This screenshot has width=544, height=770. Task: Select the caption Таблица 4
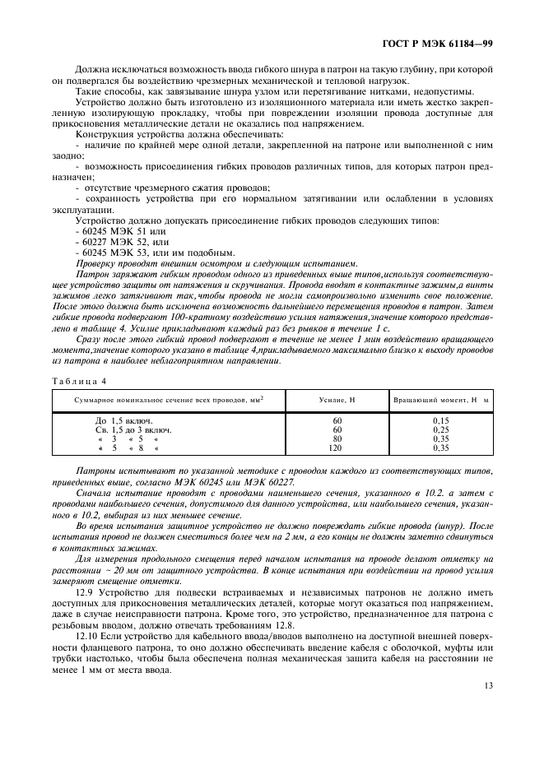79,380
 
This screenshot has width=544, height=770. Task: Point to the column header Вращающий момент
441,399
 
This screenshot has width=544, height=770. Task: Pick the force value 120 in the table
336,448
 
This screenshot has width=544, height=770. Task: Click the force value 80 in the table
336,439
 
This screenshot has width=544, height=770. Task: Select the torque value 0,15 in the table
441,421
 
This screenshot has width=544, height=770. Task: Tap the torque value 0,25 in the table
441,430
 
